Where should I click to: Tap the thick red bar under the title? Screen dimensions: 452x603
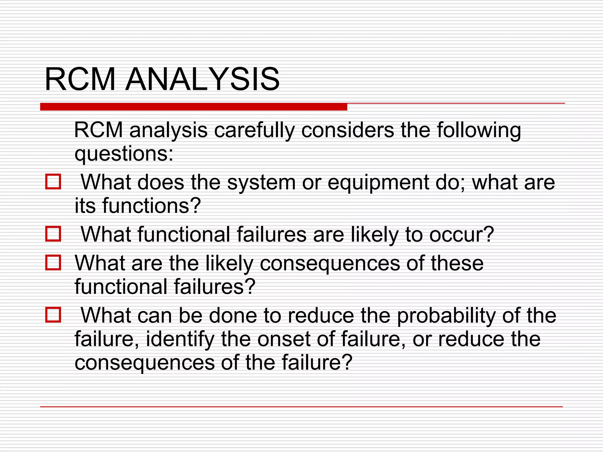pyautogui.click(x=193, y=107)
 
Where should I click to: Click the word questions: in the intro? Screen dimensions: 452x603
pyautogui.click(x=124, y=154)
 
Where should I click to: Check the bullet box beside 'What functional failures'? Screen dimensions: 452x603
pyautogui.click(x=53, y=234)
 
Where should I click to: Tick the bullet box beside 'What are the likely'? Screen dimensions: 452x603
pyautogui.click(x=53, y=262)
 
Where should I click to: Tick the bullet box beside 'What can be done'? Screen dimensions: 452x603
pyautogui.click(x=53, y=315)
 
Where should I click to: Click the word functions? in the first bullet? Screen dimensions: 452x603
pyautogui.click(x=151, y=206)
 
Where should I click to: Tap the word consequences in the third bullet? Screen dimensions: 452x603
pyautogui.click(x=330, y=263)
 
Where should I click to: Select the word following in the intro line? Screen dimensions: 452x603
pyautogui.click(x=479, y=130)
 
